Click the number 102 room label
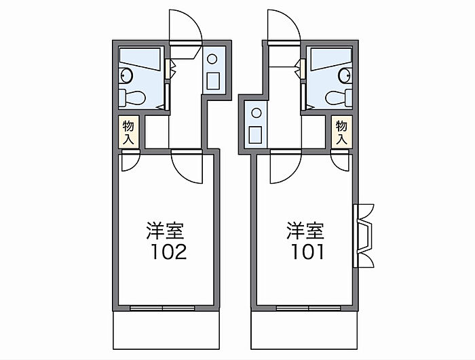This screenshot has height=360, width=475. pyautogui.click(x=169, y=252)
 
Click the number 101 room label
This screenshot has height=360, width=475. pyautogui.click(x=307, y=252)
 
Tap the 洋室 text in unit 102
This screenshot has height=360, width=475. pyautogui.click(x=165, y=231)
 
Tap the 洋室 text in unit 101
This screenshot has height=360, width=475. pyautogui.click(x=305, y=231)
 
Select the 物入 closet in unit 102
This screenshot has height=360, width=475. pyautogui.click(x=129, y=132)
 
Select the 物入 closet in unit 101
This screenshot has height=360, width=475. pyautogui.click(x=342, y=132)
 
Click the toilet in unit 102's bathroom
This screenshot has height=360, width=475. pyautogui.click(x=132, y=98)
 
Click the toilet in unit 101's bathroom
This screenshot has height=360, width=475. pyautogui.click(x=339, y=98)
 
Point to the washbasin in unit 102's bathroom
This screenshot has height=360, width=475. pyautogui.click(x=126, y=75)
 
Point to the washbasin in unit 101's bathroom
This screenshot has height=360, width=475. pyautogui.click(x=345, y=75)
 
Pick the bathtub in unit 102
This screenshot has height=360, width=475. pyautogui.click(x=140, y=59)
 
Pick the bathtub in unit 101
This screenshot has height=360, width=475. pyautogui.click(x=331, y=59)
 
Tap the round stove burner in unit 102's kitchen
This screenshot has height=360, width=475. pyautogui.click(x=212, y=59)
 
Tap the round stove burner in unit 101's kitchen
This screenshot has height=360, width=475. pyautogui.click(x=256, y=113)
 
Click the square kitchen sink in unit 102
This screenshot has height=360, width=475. pyautogui.click(x=213, y=81)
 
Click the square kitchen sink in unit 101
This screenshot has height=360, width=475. pyautogui.click(x=255, y=135)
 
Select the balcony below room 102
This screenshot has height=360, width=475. pyautogui.click(x=166, y=330)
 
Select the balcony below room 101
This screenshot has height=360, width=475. pyautogui.click(x=305, y=330)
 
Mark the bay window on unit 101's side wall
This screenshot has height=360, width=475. pyautogui.click(x=364, y=236)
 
